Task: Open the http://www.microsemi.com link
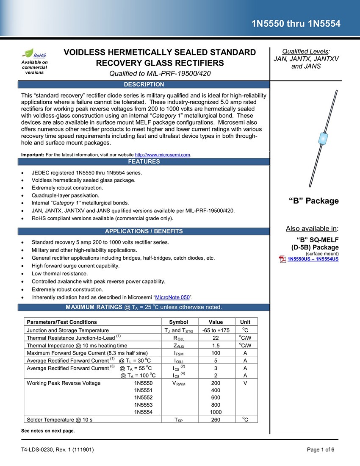coord(163,155)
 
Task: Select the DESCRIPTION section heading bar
coord(143,85)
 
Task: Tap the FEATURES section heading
coord(143,162)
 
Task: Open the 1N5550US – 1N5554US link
coord(313,259)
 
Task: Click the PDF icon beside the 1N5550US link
coord(282,259)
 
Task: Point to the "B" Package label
coord(313,201)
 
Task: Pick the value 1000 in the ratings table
coord(216,412)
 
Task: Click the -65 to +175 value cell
coord(216,330)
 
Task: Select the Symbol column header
coord(178,322)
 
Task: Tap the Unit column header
coord(245,322)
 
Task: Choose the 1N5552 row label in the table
coord(143,397)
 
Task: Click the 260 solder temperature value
coord(216,419)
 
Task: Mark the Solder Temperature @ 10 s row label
coord(60,419)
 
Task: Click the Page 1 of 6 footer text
coord(321,450)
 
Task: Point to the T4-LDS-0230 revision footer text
coord(58,450)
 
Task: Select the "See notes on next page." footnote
coord(48,431)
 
